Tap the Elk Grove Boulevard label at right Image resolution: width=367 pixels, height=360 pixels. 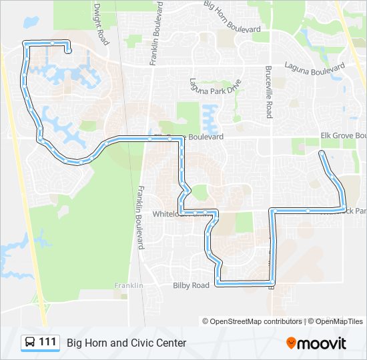pos(343,135)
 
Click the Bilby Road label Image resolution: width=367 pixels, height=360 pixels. pos(191,285)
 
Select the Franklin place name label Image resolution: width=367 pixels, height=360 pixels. pos(129,285)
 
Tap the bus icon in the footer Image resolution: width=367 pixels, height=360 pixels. pos(31,343)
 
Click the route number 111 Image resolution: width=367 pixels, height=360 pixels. pos(47,342)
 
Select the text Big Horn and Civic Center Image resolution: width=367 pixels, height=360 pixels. pos(126,343)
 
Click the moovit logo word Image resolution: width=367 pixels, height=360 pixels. pos(322,343)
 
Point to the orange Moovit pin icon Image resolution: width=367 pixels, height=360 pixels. pos(291,343)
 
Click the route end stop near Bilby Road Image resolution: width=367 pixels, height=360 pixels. pos(271,287)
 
